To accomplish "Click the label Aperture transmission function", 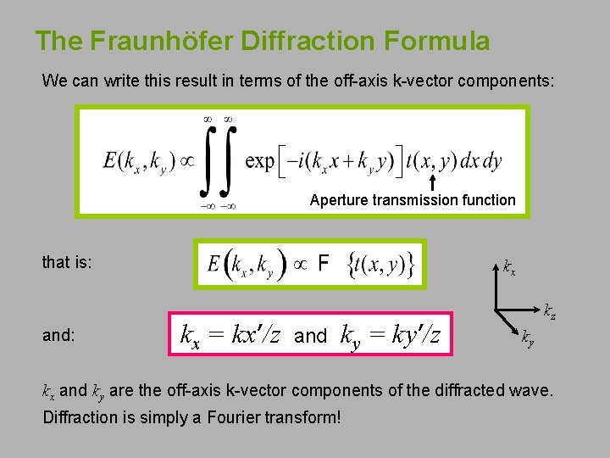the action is (x=413, y=200).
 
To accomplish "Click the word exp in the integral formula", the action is (x=259, y=160).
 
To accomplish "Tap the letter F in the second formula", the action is (x=323, y=264).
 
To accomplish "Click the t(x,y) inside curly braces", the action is (x=380, y=265).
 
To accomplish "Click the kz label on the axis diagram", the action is (x=550, y=311).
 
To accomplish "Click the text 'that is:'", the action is (x=68, y=262).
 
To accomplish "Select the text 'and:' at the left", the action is (x=58, y=334).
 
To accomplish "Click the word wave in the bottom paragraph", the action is (x=531, y=391).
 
